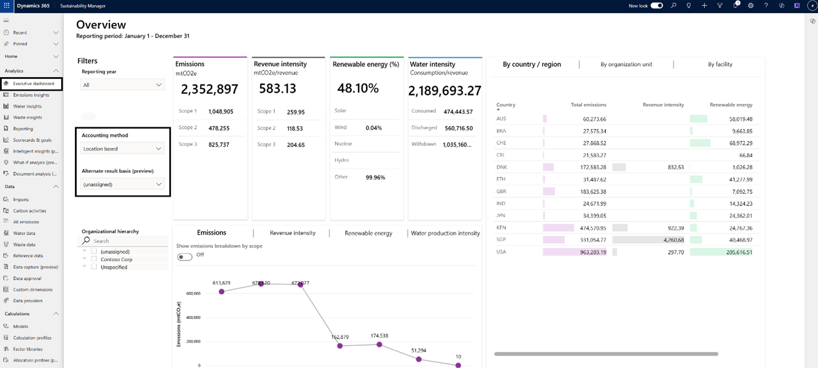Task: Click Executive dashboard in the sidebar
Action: click(33, 84)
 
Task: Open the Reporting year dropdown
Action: click(122, 85)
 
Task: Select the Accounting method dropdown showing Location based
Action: click(122, 149)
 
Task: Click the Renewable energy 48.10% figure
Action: click(358, 88)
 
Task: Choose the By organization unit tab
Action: click(626, 65)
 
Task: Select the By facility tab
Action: click(720, 65)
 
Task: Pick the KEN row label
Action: click(501, 228)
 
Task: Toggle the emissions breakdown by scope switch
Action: click(185, 256)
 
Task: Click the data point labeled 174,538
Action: click(379, 345)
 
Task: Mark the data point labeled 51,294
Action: click(419, 359)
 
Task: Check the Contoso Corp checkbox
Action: click(94, 259)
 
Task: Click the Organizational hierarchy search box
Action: click(126, 241)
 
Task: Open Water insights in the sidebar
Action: click(27, 106)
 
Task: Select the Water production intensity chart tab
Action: click(445, 234)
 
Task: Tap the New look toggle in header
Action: click(657, 6)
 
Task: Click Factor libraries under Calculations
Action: click(28, 349)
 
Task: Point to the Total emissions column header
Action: click(588, 105)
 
